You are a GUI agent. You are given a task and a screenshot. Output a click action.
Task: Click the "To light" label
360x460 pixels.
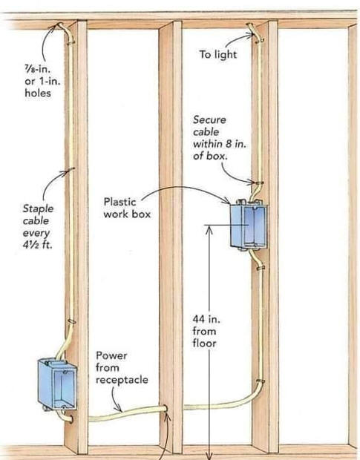tap(217, 55)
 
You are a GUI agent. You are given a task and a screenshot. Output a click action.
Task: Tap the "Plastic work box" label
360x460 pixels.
tap(127, 208)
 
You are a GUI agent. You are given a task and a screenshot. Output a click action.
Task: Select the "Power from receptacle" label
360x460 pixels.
tap(122, 367)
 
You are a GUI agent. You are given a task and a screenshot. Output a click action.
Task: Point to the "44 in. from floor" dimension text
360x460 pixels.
tap(206, 331)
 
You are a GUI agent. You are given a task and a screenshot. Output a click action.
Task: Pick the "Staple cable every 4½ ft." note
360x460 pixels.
tap(38, 226)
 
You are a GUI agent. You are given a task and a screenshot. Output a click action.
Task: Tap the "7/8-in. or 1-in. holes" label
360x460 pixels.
tap(42, 82)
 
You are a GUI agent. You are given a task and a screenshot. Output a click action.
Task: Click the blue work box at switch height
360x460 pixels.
tap(249, 225)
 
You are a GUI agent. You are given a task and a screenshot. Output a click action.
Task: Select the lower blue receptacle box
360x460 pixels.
tap(57, 384)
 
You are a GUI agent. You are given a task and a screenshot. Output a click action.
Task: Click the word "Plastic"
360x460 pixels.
tap(120, 202)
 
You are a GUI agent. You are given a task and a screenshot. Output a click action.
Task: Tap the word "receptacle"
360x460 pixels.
tap(122, 380)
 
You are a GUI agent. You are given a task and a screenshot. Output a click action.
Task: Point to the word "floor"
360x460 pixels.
tap(204, 344)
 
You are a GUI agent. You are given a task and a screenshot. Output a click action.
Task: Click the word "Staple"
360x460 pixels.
tap(38, 208)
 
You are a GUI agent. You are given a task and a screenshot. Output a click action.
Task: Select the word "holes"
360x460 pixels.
tap(38, 93)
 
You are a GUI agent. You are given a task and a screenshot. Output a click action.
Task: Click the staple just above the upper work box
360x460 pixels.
tap(258, 183)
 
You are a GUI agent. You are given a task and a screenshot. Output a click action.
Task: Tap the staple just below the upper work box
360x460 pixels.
tap(261, 268)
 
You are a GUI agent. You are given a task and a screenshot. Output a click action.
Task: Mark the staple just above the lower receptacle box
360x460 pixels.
tap(71, 322)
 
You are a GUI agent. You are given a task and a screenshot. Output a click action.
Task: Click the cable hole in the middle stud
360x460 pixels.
tap(166, 409)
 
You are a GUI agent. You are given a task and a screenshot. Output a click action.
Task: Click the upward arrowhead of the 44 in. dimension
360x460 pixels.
tap(209, 229)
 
